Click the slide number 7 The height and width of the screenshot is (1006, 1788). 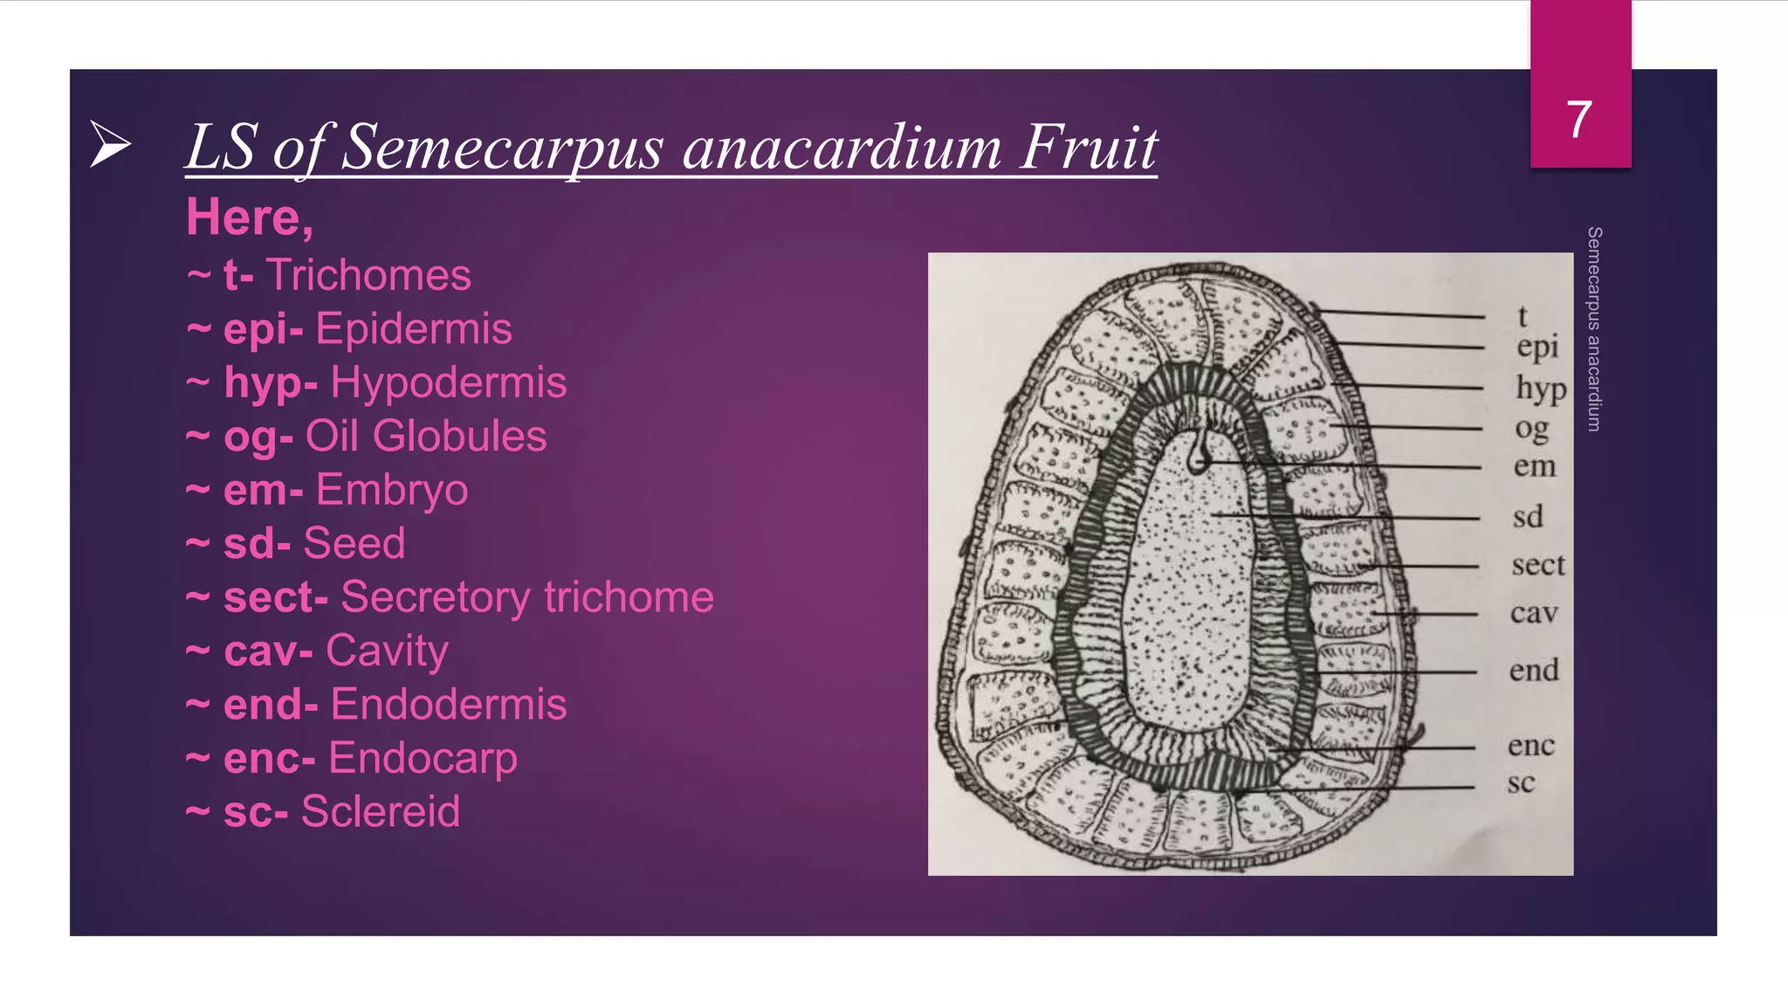click(x=1578, y=119)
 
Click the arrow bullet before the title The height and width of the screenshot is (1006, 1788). click(x=111, y=144)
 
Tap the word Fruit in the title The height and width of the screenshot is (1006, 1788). click(x=1089, y=147)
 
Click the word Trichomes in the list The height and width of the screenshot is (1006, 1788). click(x=368, y=275)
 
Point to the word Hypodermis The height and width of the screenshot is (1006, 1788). click(x=448, y=382)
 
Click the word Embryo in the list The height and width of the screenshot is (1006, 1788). click(x=391, y=490)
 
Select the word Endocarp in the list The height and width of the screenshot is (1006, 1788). click(x=423, y=758)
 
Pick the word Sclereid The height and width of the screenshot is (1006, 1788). click(x=380, y=811)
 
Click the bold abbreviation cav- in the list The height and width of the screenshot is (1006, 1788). click(x=268, y=651)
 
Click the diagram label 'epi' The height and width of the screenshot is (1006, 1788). click(x=1537, y=347)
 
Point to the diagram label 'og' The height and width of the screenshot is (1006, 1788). click(x=1532, y=429)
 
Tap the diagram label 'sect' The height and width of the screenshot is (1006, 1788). click(x=1538, y=565)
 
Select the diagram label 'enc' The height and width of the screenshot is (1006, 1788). click(x=1531, y=746)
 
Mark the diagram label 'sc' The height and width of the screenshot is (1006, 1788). click(x=1521, y=782)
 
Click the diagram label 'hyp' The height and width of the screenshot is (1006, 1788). click(x=1541, y=388)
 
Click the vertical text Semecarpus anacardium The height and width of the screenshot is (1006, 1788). click(x=1594, y=328)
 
